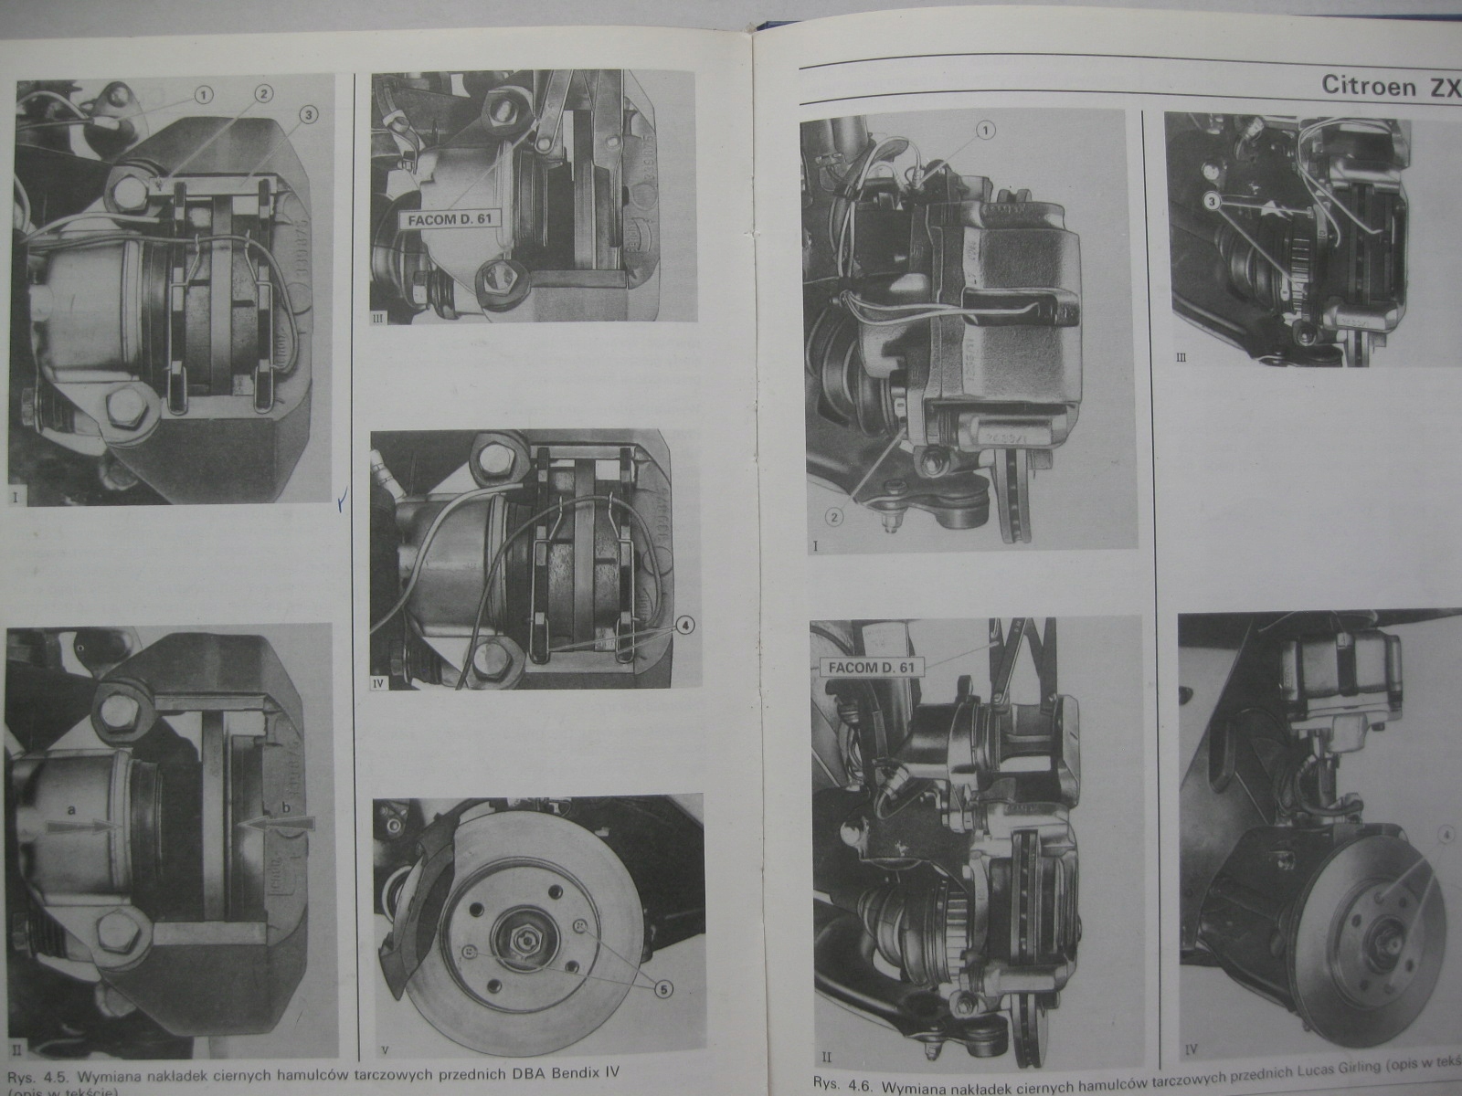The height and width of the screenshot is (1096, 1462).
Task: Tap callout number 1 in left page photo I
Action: pos(203,93)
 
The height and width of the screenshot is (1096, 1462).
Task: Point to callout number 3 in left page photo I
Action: pos(309,114)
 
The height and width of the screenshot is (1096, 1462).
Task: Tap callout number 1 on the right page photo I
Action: pos(985,132)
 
